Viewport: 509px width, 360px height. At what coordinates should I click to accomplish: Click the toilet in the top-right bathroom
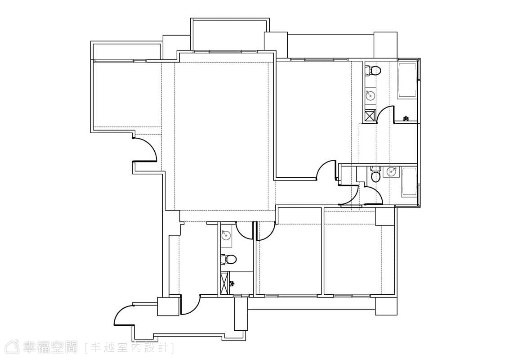pos(373,71)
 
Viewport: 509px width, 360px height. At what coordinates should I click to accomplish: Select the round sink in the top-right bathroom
pos(370,95)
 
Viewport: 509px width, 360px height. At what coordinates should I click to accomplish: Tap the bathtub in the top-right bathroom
pos(407,80)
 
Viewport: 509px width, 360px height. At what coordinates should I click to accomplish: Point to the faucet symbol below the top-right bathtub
pos(406,119)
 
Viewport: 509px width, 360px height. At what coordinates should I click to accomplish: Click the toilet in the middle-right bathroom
pos(375,175)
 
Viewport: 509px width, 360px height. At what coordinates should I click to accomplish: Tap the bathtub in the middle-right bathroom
pos(409,182)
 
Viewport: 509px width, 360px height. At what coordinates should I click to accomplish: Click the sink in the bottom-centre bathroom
pos(226,235)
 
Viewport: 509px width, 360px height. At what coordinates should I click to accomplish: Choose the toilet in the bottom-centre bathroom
pos(228,259)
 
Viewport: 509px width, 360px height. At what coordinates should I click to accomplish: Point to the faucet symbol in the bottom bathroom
pos(232,283)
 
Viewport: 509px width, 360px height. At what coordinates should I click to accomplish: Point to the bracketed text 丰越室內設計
pos(129,348)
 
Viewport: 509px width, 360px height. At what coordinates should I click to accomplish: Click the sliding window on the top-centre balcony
pos(226,51)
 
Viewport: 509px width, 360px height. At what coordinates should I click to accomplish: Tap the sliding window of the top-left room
pos(120,60)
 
